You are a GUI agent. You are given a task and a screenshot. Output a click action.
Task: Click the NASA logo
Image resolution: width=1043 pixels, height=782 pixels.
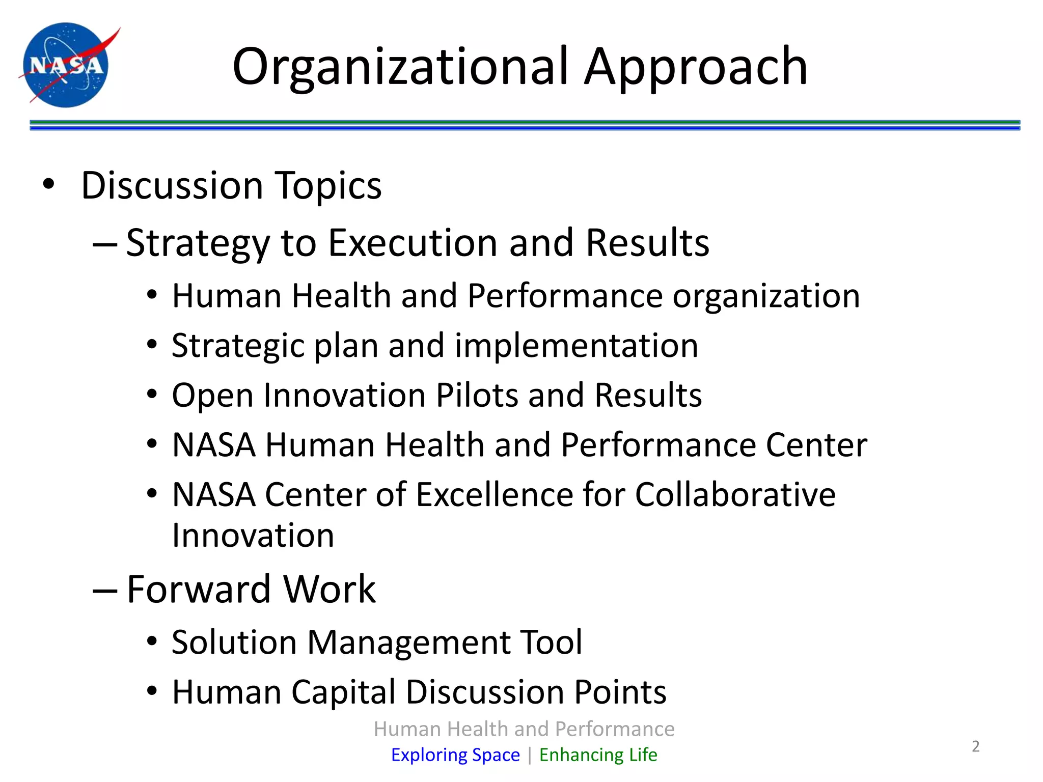66,65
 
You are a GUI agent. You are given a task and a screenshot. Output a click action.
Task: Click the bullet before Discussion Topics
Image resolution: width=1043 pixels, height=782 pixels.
48,184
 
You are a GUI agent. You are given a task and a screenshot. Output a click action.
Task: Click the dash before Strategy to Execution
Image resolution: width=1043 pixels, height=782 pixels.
105,244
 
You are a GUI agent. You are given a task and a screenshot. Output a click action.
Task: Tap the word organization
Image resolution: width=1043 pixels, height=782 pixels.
766,296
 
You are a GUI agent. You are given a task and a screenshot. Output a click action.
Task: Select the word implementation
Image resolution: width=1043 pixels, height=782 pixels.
576,346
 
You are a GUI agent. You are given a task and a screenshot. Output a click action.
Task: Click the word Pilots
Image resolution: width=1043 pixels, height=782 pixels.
477,395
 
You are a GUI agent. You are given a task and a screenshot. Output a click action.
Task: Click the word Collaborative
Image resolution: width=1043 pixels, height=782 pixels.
735,494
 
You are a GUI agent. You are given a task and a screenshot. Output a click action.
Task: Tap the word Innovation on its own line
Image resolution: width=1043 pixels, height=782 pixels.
253,536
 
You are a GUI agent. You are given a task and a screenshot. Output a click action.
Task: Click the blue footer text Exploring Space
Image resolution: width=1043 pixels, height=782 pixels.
455,755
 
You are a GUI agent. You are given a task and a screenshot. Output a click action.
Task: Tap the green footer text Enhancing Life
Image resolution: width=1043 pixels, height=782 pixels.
598,755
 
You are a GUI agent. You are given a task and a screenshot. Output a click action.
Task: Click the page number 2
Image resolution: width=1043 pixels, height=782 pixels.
975,746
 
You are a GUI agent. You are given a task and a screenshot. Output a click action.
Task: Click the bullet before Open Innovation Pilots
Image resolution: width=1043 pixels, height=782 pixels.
152,395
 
